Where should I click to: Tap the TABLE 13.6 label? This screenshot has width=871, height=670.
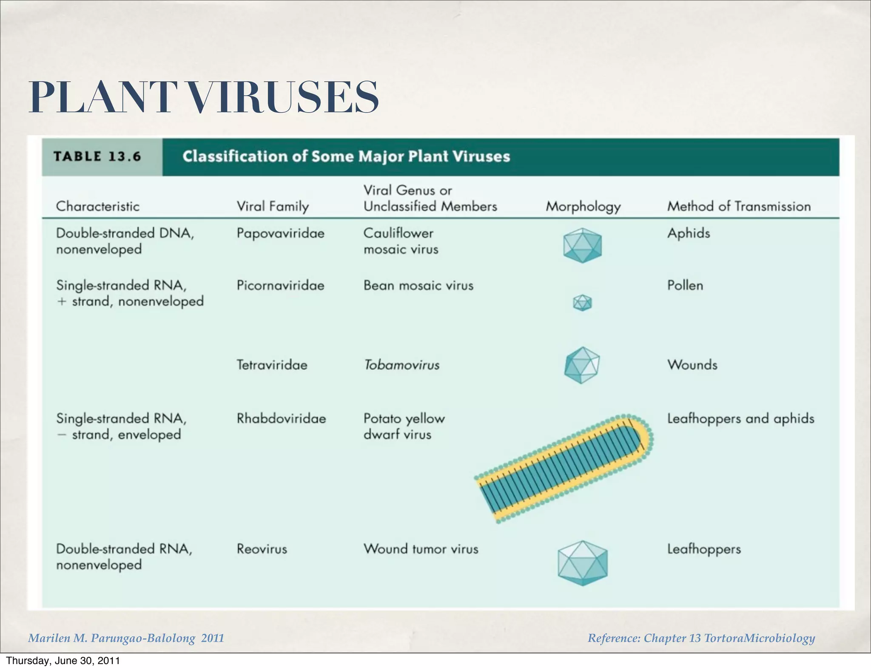point(97,156)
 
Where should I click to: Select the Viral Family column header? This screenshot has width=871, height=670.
point(273,207)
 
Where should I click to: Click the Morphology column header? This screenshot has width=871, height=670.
point(583,207)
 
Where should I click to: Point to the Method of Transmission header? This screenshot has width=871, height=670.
point(739,207)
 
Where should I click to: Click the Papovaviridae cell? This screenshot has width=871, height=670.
point(280,233)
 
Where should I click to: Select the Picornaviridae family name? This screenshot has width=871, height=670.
point(280,285)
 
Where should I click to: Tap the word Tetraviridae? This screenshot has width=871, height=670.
point(272,365)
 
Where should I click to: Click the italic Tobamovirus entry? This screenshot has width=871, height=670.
point(401,365)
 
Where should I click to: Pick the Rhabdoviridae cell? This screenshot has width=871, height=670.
point(281,418)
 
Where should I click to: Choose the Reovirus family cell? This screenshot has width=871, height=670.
point(262,549)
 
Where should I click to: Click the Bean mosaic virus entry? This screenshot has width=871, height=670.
point(418,285)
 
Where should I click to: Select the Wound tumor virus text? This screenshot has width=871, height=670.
point(421,549)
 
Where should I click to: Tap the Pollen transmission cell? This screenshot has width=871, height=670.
point(685,285)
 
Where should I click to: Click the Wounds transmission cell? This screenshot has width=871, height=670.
point(692,365)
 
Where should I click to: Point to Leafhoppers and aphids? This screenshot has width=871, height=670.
point(740,419)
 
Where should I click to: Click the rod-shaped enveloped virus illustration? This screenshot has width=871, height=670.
point(564,468)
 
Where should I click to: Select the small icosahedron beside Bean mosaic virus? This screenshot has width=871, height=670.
point(582,303)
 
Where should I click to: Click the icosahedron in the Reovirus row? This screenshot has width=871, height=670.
point(582,563)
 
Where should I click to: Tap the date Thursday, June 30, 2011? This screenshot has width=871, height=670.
point(63,661)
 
